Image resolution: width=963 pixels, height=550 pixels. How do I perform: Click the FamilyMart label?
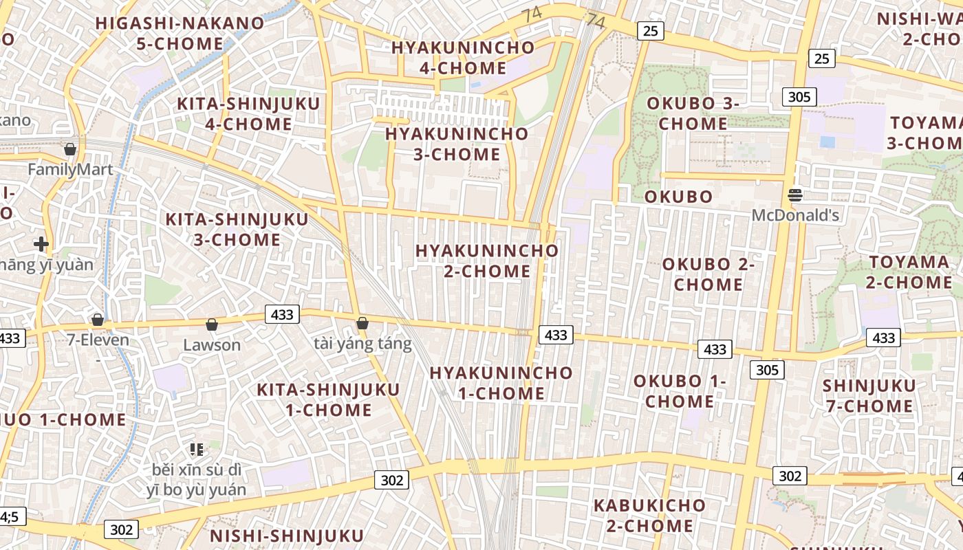point(70,169)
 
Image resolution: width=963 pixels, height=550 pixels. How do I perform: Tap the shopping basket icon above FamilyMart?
point(70,149)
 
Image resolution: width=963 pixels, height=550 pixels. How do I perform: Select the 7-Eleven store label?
point(98,340)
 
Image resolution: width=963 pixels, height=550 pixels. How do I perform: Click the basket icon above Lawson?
point(212,324)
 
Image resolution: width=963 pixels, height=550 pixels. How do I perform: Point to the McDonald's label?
point(795,215)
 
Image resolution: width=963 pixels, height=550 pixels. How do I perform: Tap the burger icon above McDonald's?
point(795,195)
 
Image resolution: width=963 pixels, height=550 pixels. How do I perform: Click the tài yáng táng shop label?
point(363,343)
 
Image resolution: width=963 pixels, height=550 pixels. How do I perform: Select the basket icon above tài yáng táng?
point(363,323)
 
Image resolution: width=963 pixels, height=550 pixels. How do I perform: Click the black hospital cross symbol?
point(41,243)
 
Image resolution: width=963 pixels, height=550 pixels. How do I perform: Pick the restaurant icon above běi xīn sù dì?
point(197,450)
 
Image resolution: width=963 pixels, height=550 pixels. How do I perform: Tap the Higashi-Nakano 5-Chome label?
point(180,33)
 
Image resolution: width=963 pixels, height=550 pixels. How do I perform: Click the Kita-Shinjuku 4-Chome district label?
point(248,114)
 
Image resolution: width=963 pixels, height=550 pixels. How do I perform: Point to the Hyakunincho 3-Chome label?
point(457,144)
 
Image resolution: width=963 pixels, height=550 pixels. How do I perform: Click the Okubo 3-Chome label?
point(693,113)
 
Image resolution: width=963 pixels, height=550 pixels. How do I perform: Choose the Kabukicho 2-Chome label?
point(649,516)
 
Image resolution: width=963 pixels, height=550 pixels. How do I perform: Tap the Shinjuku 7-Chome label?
point(869,395)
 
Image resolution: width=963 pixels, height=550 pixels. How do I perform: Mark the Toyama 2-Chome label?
point(909,272)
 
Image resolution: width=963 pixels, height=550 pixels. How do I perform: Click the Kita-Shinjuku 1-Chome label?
point(328,399)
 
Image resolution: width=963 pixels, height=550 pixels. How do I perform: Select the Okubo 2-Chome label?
point(708,274)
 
